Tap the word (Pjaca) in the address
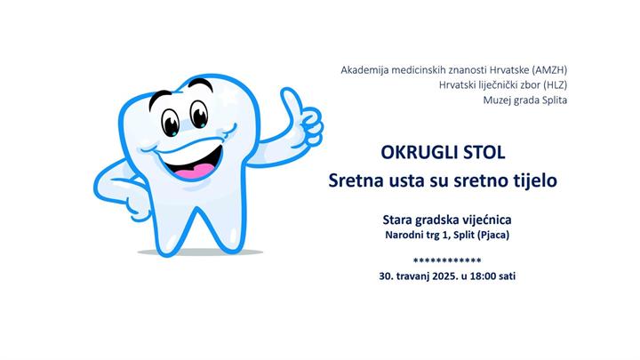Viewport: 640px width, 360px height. (x=494, y=235)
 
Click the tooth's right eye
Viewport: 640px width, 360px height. (x=199, y=110)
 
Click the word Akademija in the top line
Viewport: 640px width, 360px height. (x=365, y=68)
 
